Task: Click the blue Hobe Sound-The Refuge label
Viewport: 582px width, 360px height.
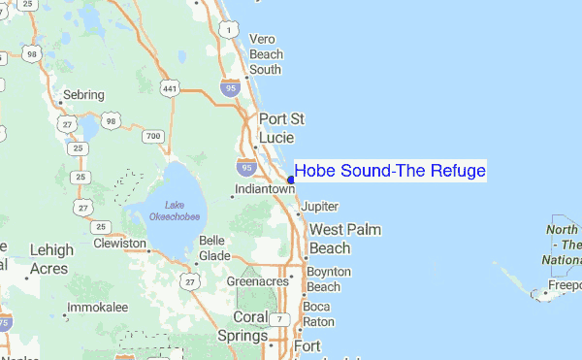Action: tap(389, 172)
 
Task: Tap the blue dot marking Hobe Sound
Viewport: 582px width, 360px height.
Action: tap(291, 179)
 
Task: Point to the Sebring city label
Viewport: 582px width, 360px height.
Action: tap(82, 96)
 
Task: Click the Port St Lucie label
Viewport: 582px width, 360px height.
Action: tap(281, 128)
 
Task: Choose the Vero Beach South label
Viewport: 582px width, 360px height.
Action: tap(266, 53)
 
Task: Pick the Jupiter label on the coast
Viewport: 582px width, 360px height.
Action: tap(320, 207)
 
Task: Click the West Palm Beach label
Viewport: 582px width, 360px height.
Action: tap(344, 239)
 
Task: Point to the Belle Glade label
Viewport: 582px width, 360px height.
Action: tap(212, 247)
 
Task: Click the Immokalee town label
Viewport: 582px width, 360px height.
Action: tap(96, 308)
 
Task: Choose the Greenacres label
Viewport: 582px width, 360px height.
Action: tap(257, 281)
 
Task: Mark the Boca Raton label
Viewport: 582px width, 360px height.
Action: tap(318, 313)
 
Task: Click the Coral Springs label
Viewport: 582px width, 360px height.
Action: tap(250, 327)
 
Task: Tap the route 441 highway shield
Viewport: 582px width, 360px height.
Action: tap(171, 88)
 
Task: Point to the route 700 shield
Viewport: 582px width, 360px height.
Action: tap(152, 137)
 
